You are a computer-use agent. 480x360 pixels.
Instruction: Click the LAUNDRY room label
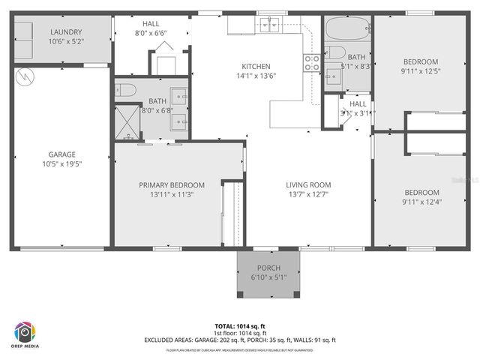coord(65,31)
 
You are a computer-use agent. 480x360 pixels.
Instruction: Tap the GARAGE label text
coord(62,154)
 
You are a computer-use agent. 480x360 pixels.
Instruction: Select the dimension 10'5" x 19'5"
coord(62,163)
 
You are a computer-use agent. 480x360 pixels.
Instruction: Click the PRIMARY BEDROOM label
coord(171,184)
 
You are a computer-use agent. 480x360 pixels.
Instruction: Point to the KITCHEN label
coord(255,66)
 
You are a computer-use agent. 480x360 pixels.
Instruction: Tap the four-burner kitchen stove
coord(312,62)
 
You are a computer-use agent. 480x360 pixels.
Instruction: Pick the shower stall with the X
coord(127,121)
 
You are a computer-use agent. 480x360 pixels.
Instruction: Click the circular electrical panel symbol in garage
coord(25,76)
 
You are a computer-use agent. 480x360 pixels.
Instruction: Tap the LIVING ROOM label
coord(308,184)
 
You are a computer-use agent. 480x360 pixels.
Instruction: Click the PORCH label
coord(268,268)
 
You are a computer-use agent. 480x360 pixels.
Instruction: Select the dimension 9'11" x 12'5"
coord(421,71)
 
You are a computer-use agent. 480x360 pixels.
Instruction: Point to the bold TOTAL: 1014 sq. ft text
coord(240,326)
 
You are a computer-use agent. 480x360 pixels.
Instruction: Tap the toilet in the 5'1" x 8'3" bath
coord(336,53)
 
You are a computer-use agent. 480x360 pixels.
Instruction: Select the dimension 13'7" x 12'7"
coord(308,194)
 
